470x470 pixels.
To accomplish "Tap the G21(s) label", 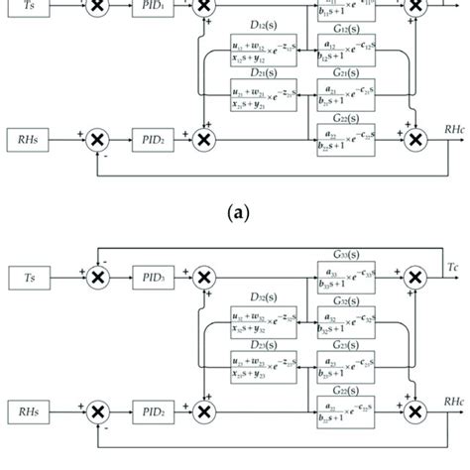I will [x=344, y=72].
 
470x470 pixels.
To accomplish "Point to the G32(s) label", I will [x=344, y=300].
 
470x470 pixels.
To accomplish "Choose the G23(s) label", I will [x=344, y=343].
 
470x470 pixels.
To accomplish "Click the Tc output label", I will [x=451, y=269].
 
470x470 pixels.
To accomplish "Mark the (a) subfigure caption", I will [x=234, y=211].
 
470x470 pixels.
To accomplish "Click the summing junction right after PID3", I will [x=204, y=279].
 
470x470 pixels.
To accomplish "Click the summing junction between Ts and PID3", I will [x=97, y=279].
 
